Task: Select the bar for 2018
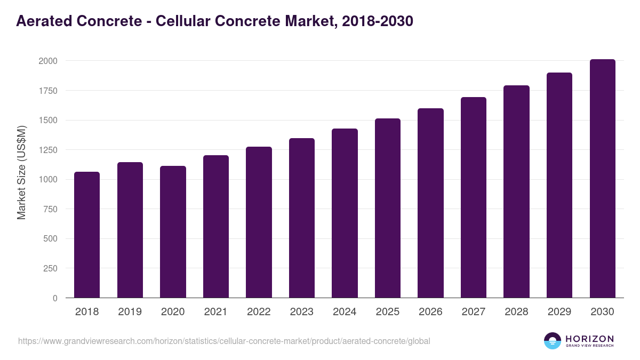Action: [87, 235]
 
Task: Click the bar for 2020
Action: [173, 232]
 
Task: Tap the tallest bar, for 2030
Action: [602, 179]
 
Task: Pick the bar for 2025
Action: [388, 208]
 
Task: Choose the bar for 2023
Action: [302, 218]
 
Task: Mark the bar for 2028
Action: [516, 191]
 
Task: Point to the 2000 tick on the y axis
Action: [47, 61]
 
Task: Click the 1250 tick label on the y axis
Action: [47, 150]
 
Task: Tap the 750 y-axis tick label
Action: [50, 209]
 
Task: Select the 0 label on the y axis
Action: [54, 298]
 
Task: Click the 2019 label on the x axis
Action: [130, 312]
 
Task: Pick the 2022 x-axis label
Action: [259, 312]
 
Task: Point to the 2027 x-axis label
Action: [473, 312]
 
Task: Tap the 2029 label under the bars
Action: [559, 312]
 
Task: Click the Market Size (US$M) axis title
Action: [21, 172]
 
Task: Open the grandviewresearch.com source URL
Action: [224, 341]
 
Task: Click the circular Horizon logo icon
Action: [553, 341]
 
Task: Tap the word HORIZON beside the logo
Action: [589, 338]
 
